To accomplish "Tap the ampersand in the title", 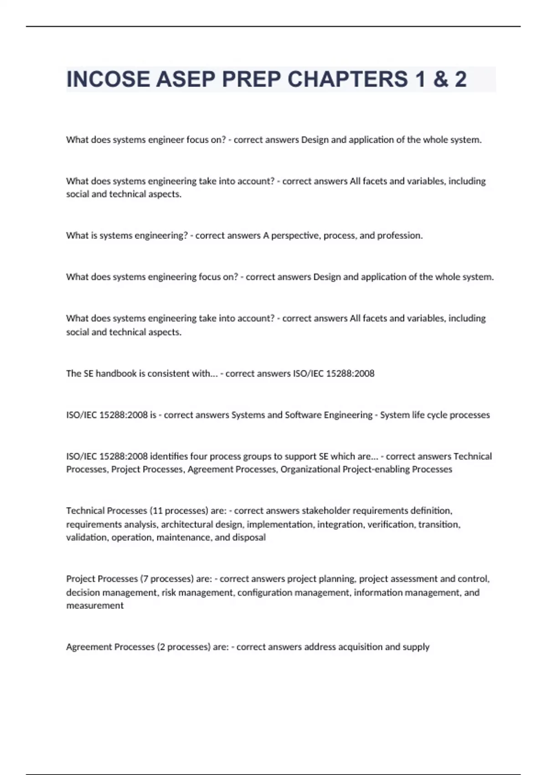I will point(439,79).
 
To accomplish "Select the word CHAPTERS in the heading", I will point(347,79).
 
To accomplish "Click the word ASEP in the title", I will point(186,79).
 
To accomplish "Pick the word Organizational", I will point(310,470).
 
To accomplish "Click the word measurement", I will point(95,606).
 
